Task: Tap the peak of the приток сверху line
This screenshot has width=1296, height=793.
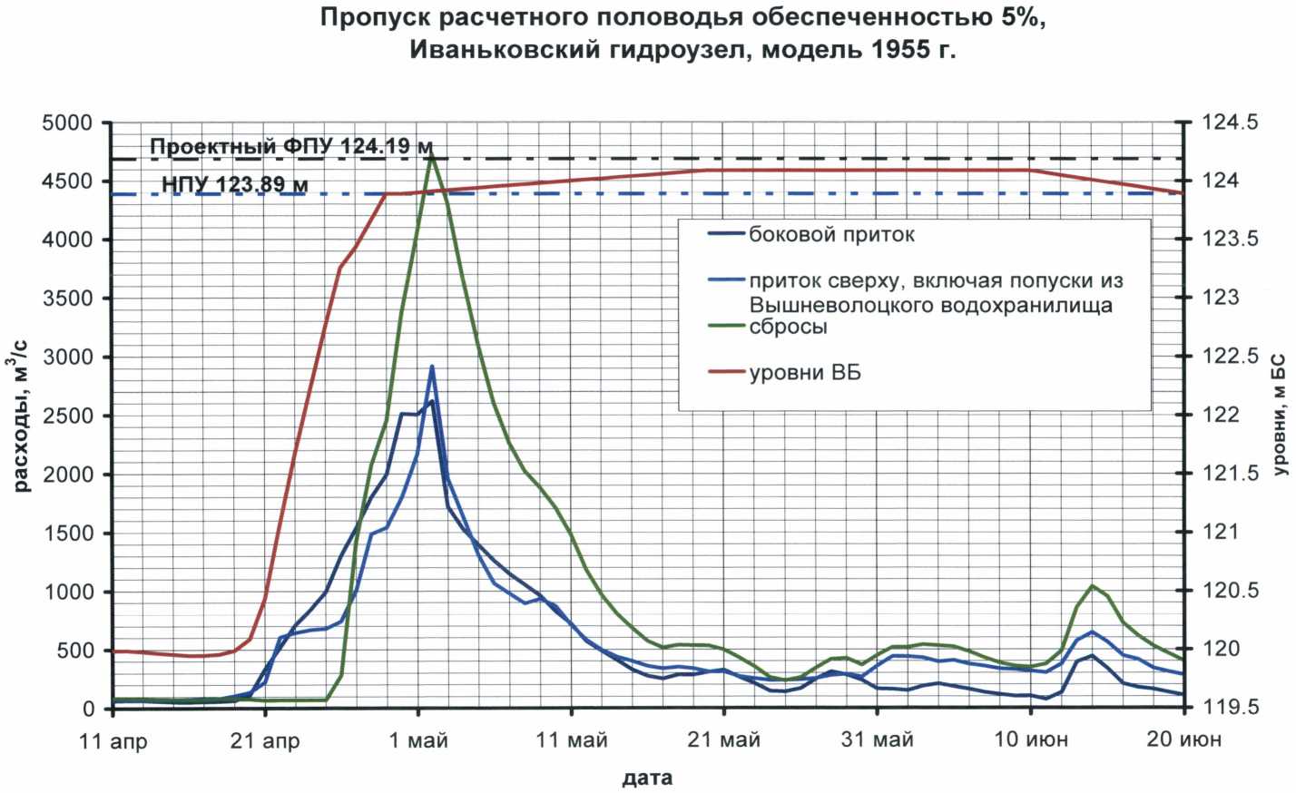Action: (432, 367)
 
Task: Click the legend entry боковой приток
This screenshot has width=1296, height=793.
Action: (831, 235)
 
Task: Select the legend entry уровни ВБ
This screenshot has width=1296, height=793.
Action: (804, 372)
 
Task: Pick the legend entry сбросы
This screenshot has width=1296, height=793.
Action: (788, 327)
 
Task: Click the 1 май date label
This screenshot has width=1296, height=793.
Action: (418, 741)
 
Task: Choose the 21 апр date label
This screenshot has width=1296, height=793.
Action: (265, 741)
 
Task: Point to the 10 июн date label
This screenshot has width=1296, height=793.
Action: (1031, 741)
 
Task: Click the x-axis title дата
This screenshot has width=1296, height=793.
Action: (647, 778)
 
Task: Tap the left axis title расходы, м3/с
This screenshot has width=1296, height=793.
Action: (22, 416)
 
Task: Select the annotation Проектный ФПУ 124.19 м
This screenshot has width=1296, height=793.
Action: (290, 147)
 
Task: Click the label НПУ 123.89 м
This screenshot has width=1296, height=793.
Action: (234, 185)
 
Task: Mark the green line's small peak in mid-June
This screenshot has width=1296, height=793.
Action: (1093, 586)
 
